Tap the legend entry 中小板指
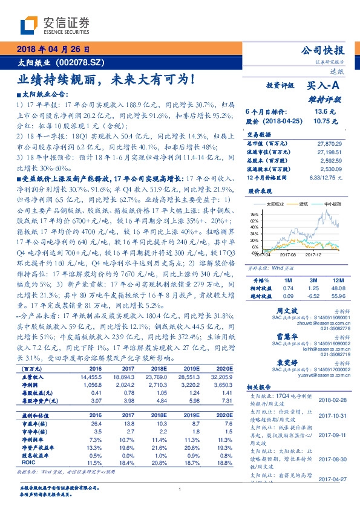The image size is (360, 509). (x=330, y=204)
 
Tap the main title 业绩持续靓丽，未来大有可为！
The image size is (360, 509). (x=105, y=79)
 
